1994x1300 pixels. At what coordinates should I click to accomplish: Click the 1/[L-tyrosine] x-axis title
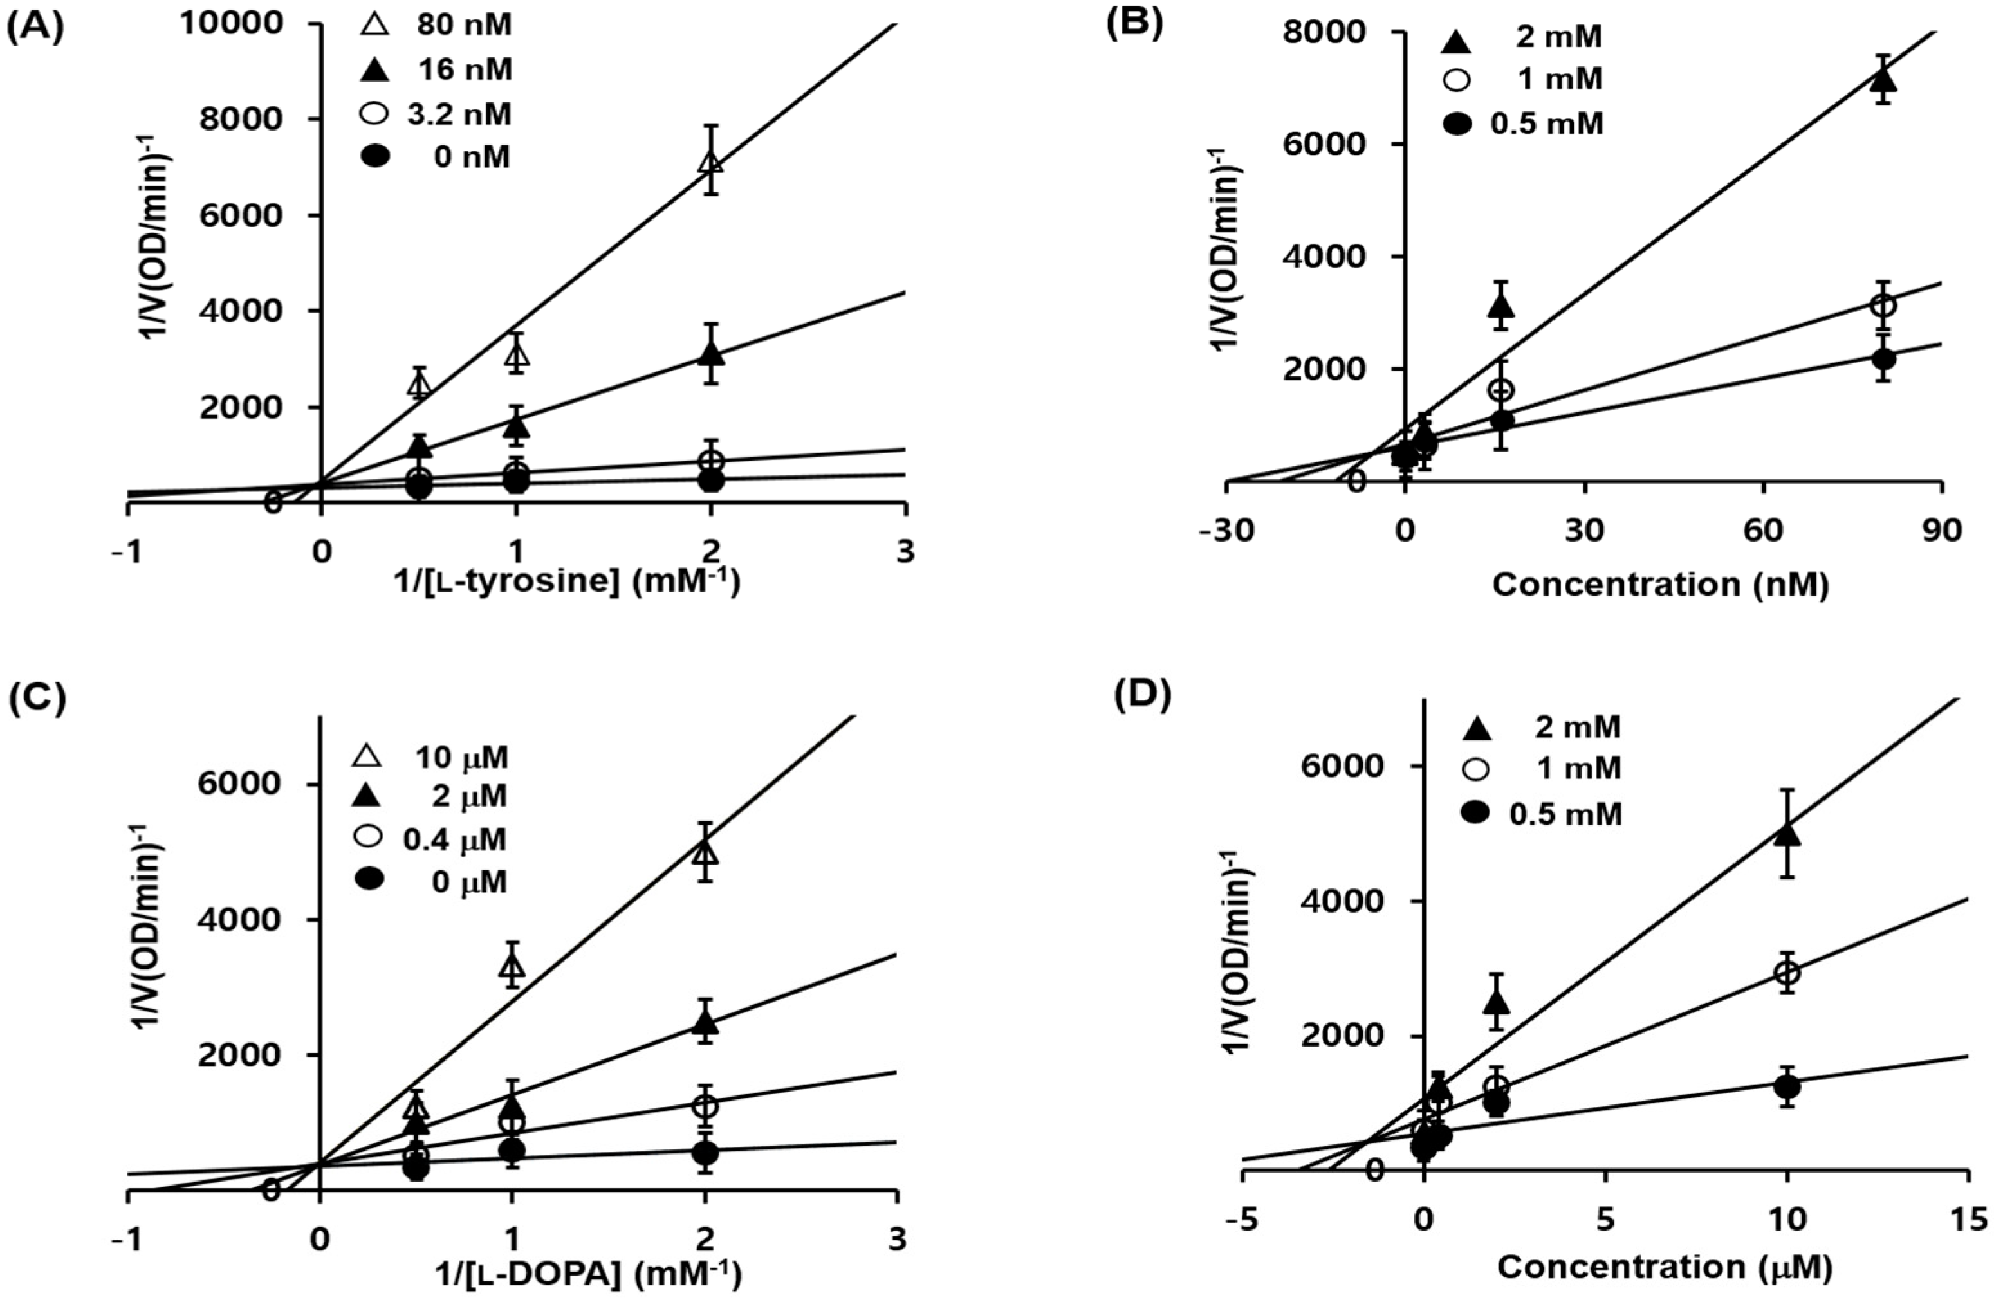(x=568, y=580)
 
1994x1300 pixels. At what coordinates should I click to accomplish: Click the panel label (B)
(x=1135, y=24)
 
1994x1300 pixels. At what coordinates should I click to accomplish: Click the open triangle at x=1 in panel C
(x=512, y=967)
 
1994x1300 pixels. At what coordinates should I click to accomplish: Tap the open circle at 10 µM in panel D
(x=1787, y=973)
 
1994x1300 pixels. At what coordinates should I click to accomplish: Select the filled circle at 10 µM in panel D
(x=1787, y=1086)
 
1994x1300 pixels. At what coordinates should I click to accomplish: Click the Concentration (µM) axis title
(x=1664, y=1267)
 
